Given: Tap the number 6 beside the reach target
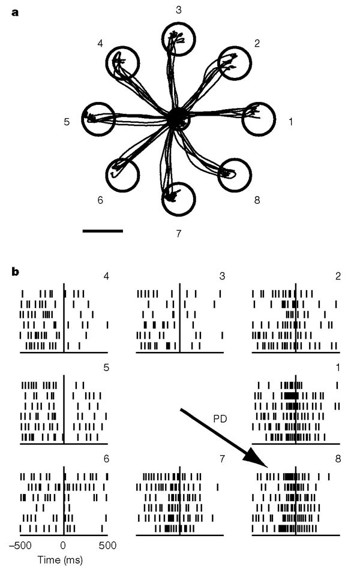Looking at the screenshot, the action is point(100,200).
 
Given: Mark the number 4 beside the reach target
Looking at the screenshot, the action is point(100,44).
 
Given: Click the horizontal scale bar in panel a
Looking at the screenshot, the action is point(102,230).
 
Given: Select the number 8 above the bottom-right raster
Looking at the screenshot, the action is point(338,462).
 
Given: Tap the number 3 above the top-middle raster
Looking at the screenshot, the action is point(223,276).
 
